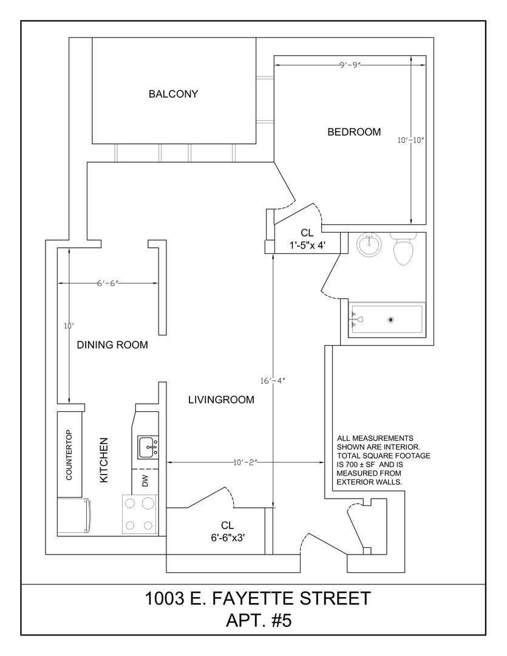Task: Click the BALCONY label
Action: click(173, 94)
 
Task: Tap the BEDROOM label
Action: click(354, 132)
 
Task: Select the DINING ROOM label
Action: click(112, 345)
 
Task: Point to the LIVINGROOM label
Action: click(221, 400)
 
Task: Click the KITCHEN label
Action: click(104, 460)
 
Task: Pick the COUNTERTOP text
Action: click(69, 455)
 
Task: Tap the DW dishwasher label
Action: click(145, 481)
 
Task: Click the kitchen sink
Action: click(148, 447)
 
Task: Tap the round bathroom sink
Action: click(369, 245)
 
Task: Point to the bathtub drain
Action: click(391, 320)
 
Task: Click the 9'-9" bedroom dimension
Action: click(350, 65)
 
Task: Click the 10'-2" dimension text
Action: click(245, 462)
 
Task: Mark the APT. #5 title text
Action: click(259, 620)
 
